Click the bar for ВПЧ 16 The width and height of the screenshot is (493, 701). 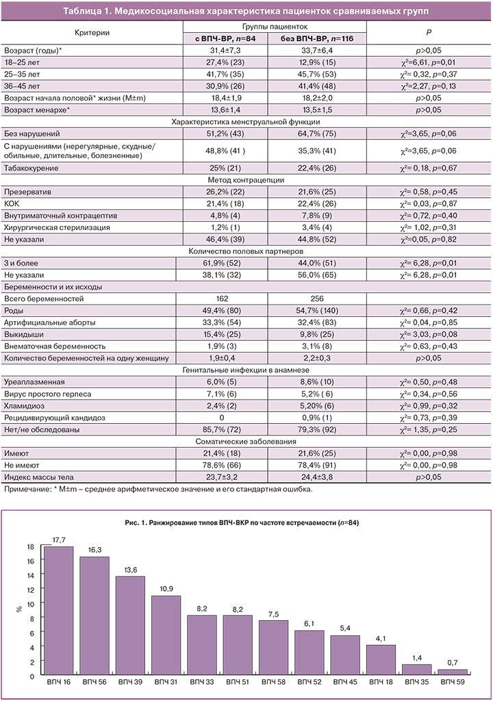point(60,611)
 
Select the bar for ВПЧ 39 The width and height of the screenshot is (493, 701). point(130,626)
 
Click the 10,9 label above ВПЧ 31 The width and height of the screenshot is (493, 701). point(166,589)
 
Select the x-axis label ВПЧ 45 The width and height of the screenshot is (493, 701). point(346,683)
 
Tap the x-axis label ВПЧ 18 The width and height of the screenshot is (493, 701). point(381,683)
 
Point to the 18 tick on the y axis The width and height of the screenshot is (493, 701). point(29,547)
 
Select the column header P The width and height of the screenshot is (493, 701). point(429,32)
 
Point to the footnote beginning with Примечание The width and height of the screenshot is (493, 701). point(157,489)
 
